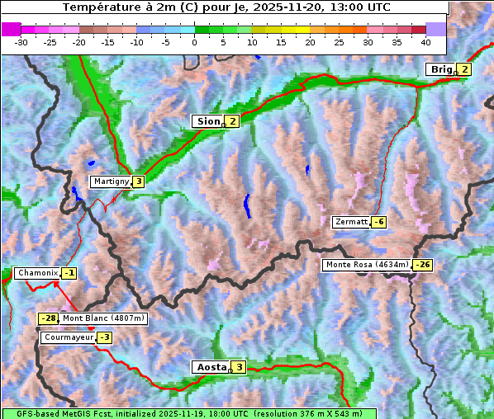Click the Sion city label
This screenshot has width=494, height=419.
click(x=207, y=121)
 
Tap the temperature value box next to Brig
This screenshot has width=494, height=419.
click(x=464, y=69)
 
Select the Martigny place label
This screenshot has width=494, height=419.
click(x=111, y=181)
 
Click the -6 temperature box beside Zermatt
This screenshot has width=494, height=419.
click(x=378, y=222)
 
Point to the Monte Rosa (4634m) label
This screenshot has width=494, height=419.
click(x=367, y=265)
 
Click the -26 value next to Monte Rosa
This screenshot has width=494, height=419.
click(x=423, y=265)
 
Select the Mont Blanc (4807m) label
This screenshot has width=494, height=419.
click(x=103, y=318)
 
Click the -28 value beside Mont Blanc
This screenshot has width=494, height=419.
click(x=48, y=318)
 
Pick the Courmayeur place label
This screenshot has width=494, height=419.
click(x=68, y=337)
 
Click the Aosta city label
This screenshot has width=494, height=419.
click(x=210, y=367)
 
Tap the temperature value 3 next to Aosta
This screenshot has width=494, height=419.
click(x=239, y=367)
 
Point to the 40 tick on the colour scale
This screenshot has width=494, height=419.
click(x=425, y=41)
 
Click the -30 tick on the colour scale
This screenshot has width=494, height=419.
click(x=21, y=41)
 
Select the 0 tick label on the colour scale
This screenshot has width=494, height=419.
click(x=194, y=41)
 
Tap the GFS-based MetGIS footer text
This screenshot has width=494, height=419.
click(x=188, y=413)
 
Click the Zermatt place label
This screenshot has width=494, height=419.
click(x=350, y=222)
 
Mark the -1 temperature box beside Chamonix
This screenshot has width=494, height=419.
click(x=69, y=273)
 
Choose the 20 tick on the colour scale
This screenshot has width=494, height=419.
click(x=310, y=41)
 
